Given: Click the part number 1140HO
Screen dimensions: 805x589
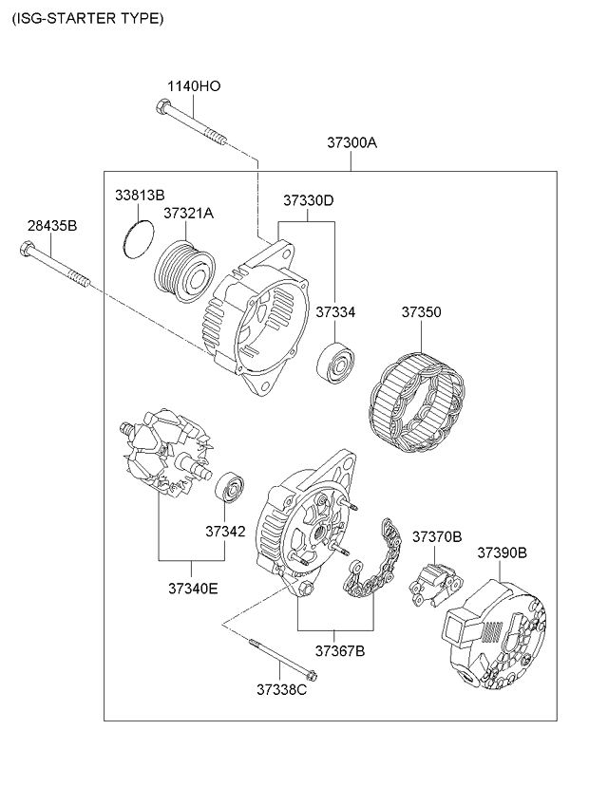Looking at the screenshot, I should click(x=194, y=85).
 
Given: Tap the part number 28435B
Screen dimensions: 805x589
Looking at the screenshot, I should click(x=51, y=225).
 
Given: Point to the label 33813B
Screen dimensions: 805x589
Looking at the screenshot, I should click(x=140, y=195).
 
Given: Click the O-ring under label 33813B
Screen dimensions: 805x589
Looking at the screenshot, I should click(x=139, y=238).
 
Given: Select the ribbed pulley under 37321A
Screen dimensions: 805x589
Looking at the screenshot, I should click(x=184, y=267).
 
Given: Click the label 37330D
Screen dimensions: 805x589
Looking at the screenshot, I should click(x=308, y=200).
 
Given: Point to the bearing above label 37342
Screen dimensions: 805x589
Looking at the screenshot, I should click(x=228, y=486).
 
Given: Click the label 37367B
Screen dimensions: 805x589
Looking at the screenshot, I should click(x=340, y=650).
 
